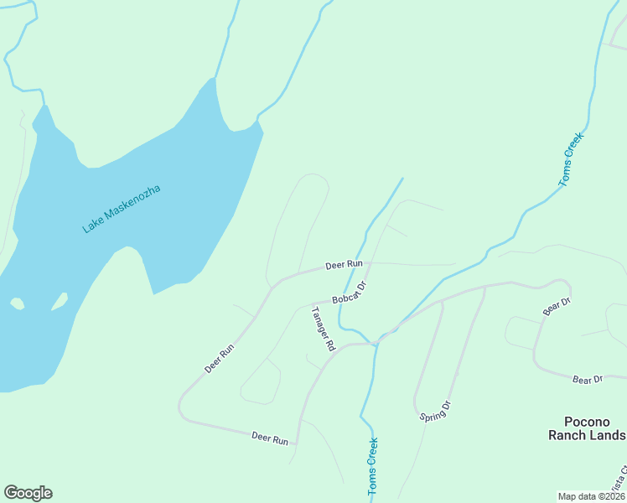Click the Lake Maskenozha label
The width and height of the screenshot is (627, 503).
tap(122, 208)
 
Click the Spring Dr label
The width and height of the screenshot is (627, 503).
tap(434, 411)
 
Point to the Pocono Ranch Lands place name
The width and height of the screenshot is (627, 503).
tap(587, 428)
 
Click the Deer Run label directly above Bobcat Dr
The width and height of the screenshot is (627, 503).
tap(344, 264)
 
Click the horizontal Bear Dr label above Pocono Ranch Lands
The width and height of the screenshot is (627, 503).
tap(588, 380)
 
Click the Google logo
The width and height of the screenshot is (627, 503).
tap(28, 493)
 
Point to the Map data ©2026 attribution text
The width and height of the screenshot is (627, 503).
tap(592, 496)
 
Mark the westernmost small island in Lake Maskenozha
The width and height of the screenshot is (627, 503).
tap(17, 303)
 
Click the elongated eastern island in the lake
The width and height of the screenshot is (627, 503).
tap(60, 300)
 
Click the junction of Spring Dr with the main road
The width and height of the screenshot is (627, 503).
tap(484, 287)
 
